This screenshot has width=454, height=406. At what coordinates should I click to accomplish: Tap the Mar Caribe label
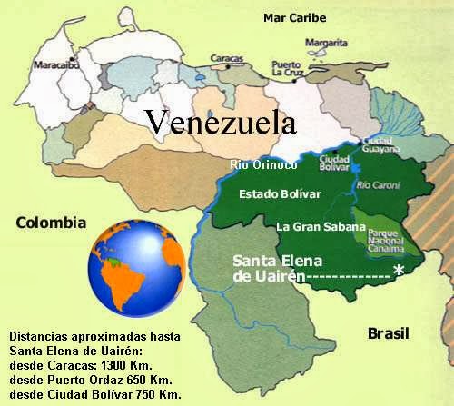tap(294, 16)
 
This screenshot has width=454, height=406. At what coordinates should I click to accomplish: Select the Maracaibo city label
tap(56, 65)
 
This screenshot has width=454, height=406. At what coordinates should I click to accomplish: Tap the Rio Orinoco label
tap(263, 164)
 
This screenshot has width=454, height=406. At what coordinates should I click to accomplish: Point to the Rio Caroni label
tap(376, 185)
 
